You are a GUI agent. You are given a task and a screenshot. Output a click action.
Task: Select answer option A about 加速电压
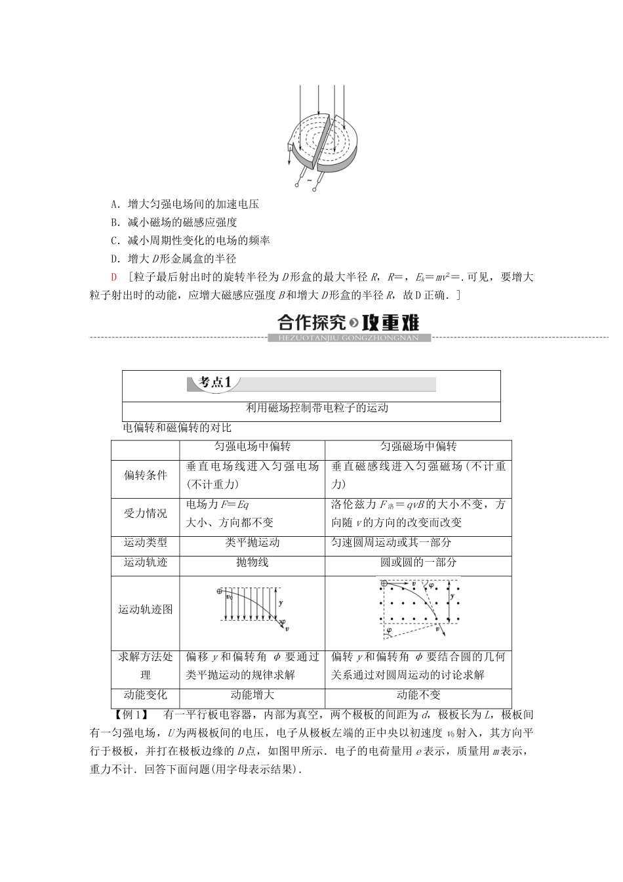click(185, 204)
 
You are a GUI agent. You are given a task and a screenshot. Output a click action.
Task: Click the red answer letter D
click(114, 278)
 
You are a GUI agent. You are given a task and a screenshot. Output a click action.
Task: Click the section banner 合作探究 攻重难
click(348, 325)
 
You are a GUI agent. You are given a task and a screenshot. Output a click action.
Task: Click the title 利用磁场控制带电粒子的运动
click(317, 408)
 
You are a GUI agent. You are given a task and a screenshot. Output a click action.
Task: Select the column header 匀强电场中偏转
click(252, 447)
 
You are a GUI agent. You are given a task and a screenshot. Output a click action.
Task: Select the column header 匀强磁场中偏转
click(418, 447)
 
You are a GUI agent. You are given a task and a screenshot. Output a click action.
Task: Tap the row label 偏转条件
click(145, 475)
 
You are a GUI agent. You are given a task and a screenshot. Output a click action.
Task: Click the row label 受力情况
click(145, 513)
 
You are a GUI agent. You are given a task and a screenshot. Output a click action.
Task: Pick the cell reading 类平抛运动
click(252, 543)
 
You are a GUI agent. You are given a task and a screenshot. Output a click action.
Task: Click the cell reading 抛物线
click(252, 562)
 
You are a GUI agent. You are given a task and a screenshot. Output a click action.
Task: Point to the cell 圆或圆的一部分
click(418, 562)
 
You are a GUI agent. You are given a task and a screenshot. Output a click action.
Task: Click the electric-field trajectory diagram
click(252, 610)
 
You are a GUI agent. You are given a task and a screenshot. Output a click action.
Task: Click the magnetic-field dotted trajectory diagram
click(418, 608)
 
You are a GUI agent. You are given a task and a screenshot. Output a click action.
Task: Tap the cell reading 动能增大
click(252, 695)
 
